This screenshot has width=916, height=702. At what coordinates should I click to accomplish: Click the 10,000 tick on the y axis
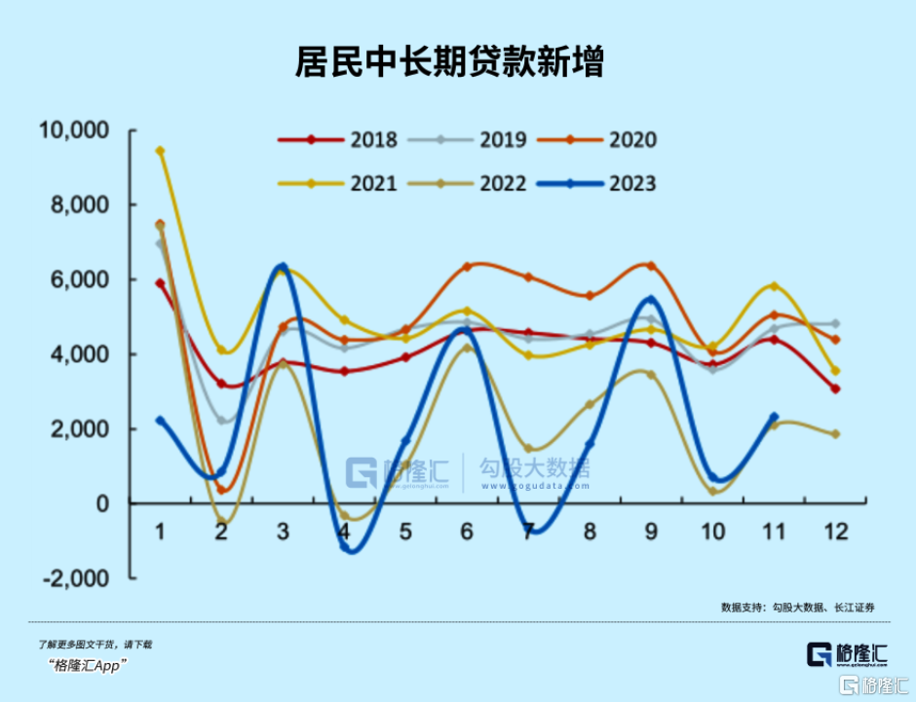(74, 130)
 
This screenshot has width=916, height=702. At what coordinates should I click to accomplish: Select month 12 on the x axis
(835, 532)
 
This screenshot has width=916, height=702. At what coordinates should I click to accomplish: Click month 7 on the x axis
(528, 532)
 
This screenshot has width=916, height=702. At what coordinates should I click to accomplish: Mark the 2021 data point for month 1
(160, 151)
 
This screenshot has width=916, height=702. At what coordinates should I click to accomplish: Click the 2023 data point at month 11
(774, 417)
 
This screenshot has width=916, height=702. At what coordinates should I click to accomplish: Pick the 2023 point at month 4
(344, 547)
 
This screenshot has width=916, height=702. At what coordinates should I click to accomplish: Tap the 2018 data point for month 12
(835, 389)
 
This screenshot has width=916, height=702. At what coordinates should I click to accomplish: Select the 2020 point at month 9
(651, 266)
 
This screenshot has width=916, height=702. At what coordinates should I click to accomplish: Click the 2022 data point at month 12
(835, 434)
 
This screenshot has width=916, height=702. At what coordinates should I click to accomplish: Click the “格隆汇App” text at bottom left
(88, 666)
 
